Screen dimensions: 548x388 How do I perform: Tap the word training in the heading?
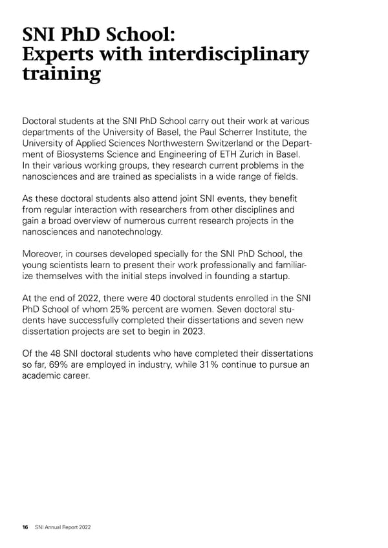pos(61,74)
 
